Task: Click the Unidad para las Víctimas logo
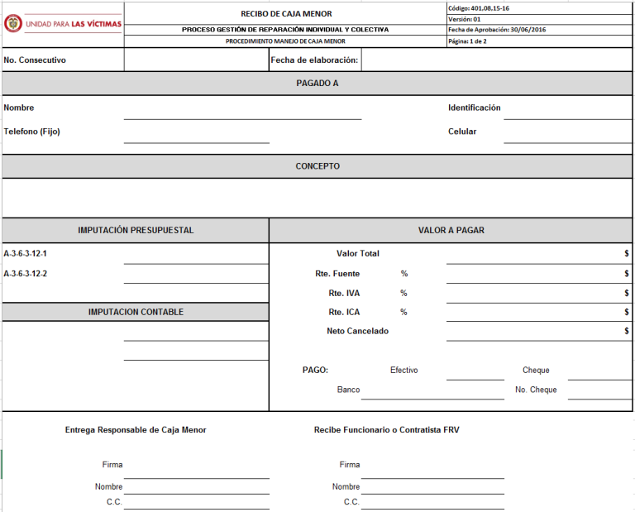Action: (63, 23)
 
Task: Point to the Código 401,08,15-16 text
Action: (479, 7)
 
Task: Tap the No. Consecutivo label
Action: (35, 60)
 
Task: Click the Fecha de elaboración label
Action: (314, 60)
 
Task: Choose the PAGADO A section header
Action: (317, 83)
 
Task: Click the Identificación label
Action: (474, 108)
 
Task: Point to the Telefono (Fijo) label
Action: (31, 132)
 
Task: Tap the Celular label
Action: (462, 132)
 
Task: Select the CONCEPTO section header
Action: (317, 166)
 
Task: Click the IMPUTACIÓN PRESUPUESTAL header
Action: (136, 230)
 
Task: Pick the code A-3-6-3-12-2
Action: (26, 274)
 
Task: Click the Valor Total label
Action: (358, 254)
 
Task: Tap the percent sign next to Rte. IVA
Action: (403, 293)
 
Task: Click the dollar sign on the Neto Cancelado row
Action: (627, 331)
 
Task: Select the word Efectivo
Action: (403, 370)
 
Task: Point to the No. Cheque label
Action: (536, 390)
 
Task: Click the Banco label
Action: (348, 390)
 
